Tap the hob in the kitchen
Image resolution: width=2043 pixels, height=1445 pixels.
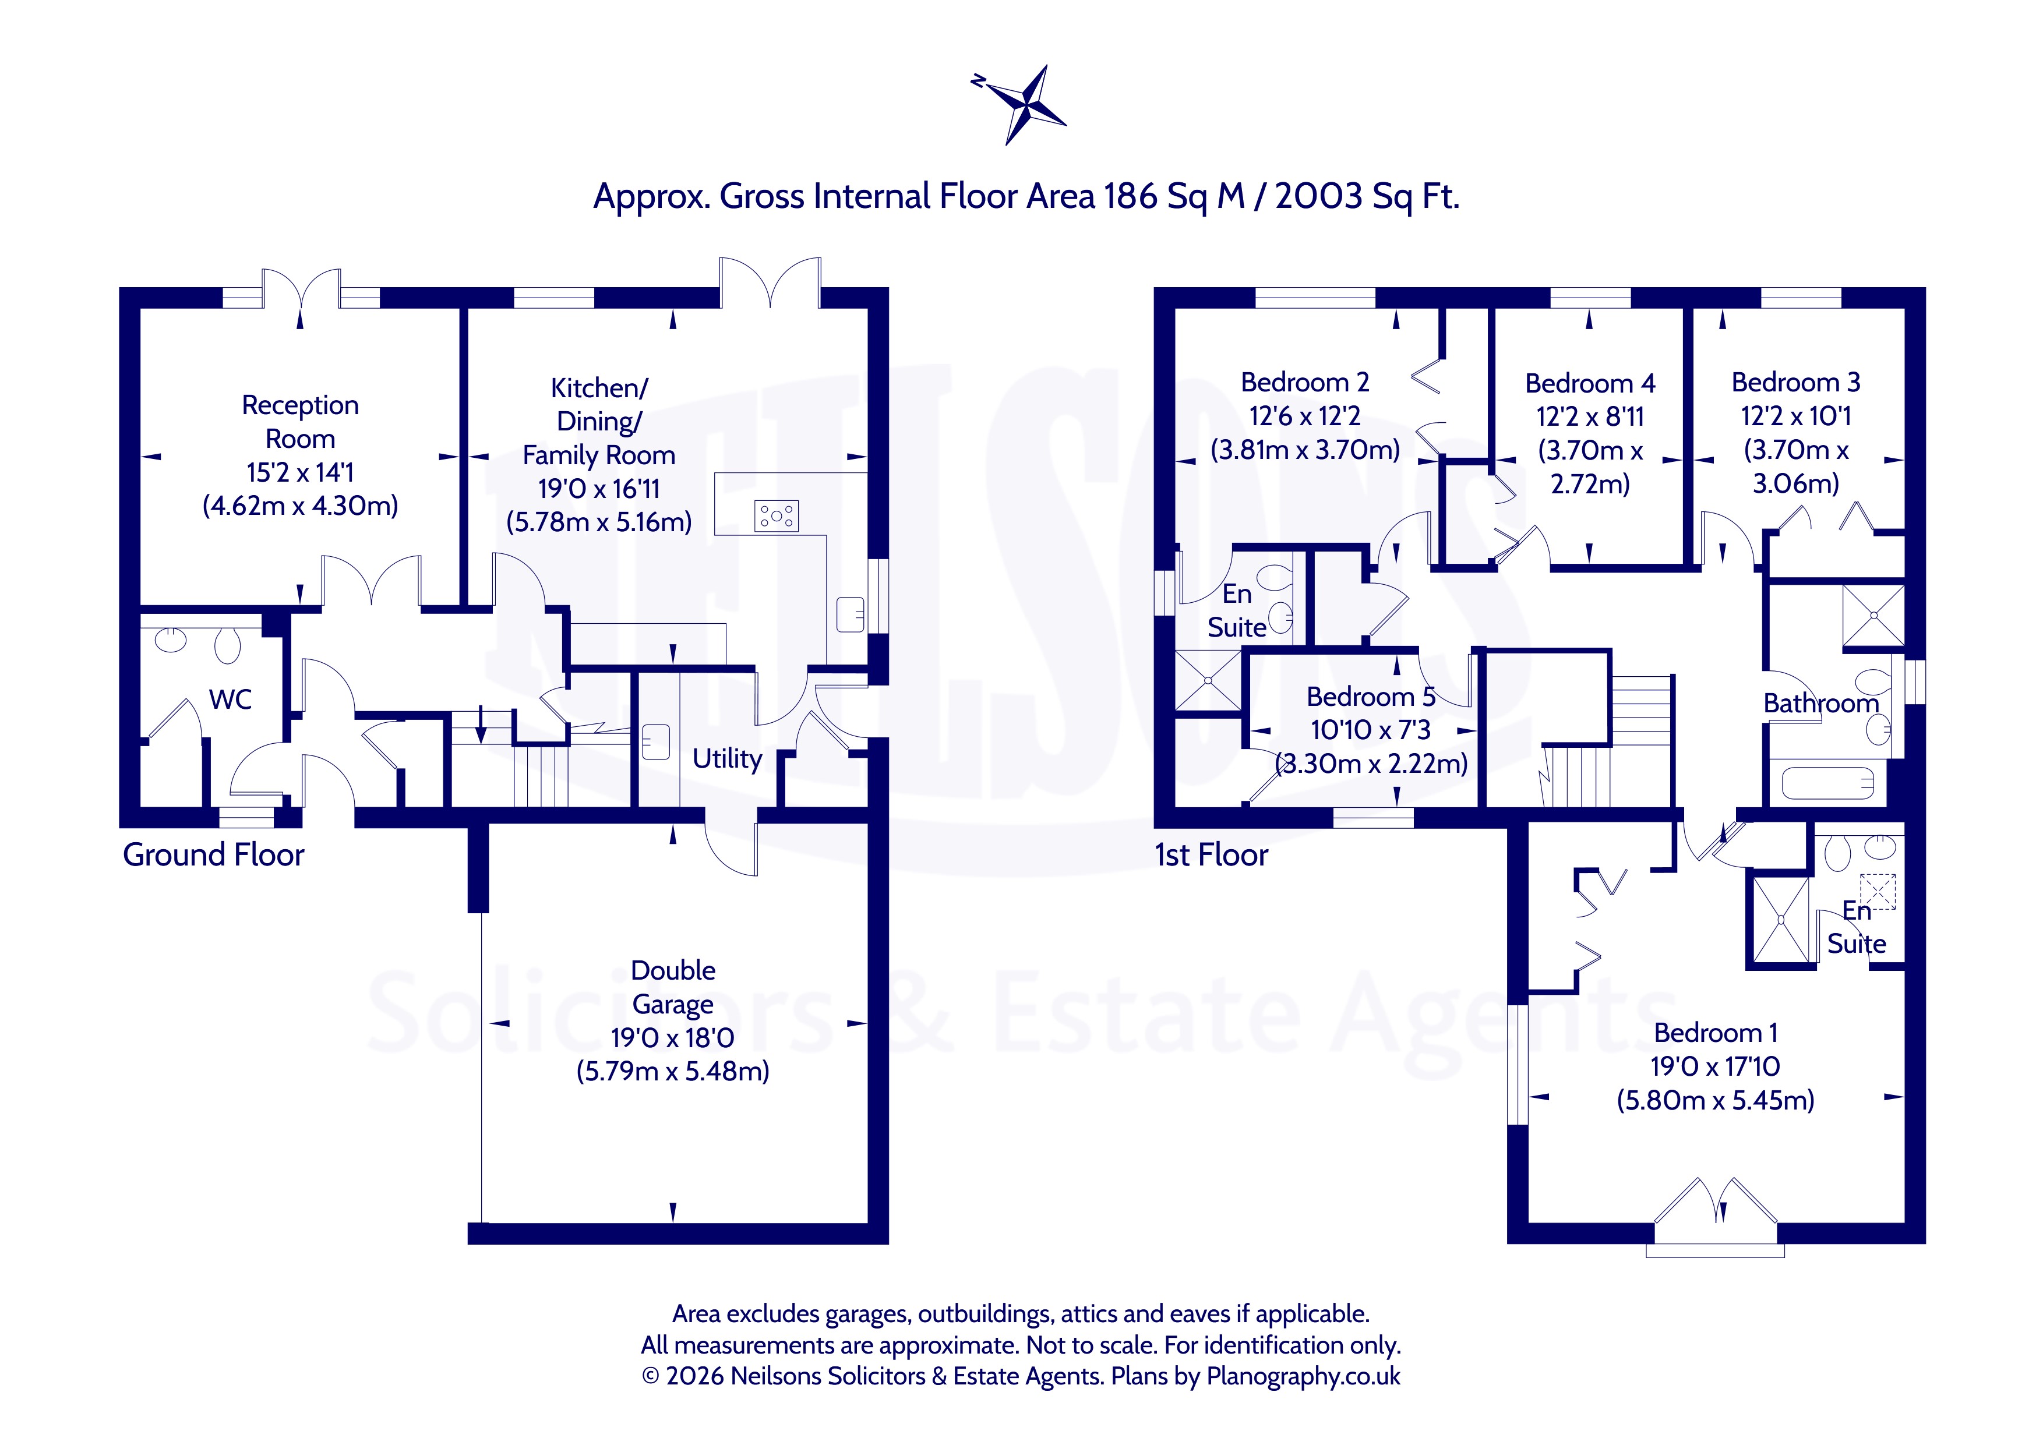(x=777, y=516)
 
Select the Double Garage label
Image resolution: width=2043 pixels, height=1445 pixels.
(x=673, y=987)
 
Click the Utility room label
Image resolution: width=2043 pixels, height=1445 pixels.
(x=727, y=759)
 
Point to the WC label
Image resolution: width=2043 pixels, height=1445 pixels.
(x=231, y=699)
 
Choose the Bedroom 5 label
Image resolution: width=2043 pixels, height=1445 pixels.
(x=1371, y=697)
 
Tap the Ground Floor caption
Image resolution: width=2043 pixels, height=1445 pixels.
(x=214, y=854)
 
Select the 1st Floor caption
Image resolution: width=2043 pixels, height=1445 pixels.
(x=1211, y=854)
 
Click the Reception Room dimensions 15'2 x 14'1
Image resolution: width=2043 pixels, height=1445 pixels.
(x=301, y=472)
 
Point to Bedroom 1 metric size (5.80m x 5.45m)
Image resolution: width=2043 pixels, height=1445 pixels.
(x=1716, y=1101)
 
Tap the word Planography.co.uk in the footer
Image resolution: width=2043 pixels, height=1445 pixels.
(x=1304, y=1376)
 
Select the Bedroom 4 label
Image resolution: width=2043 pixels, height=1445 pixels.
(x=1590, y=383)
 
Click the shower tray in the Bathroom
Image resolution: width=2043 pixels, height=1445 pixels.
(x=1874, y=616)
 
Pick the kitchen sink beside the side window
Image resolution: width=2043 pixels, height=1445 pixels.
(x=851, y=614)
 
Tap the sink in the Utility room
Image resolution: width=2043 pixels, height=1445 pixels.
(x=656, y=742)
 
